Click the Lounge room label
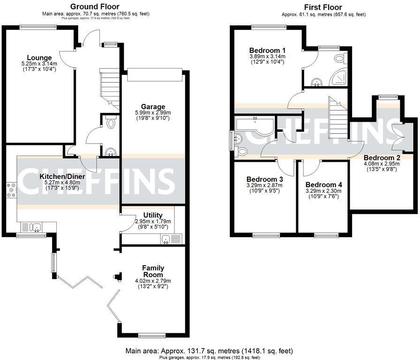[39, 58]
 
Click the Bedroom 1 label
[267, 50]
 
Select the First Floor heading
[323, 7]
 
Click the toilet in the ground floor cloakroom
[111, 123]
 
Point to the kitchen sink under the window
[36, 227]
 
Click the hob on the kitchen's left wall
[11, 190]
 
